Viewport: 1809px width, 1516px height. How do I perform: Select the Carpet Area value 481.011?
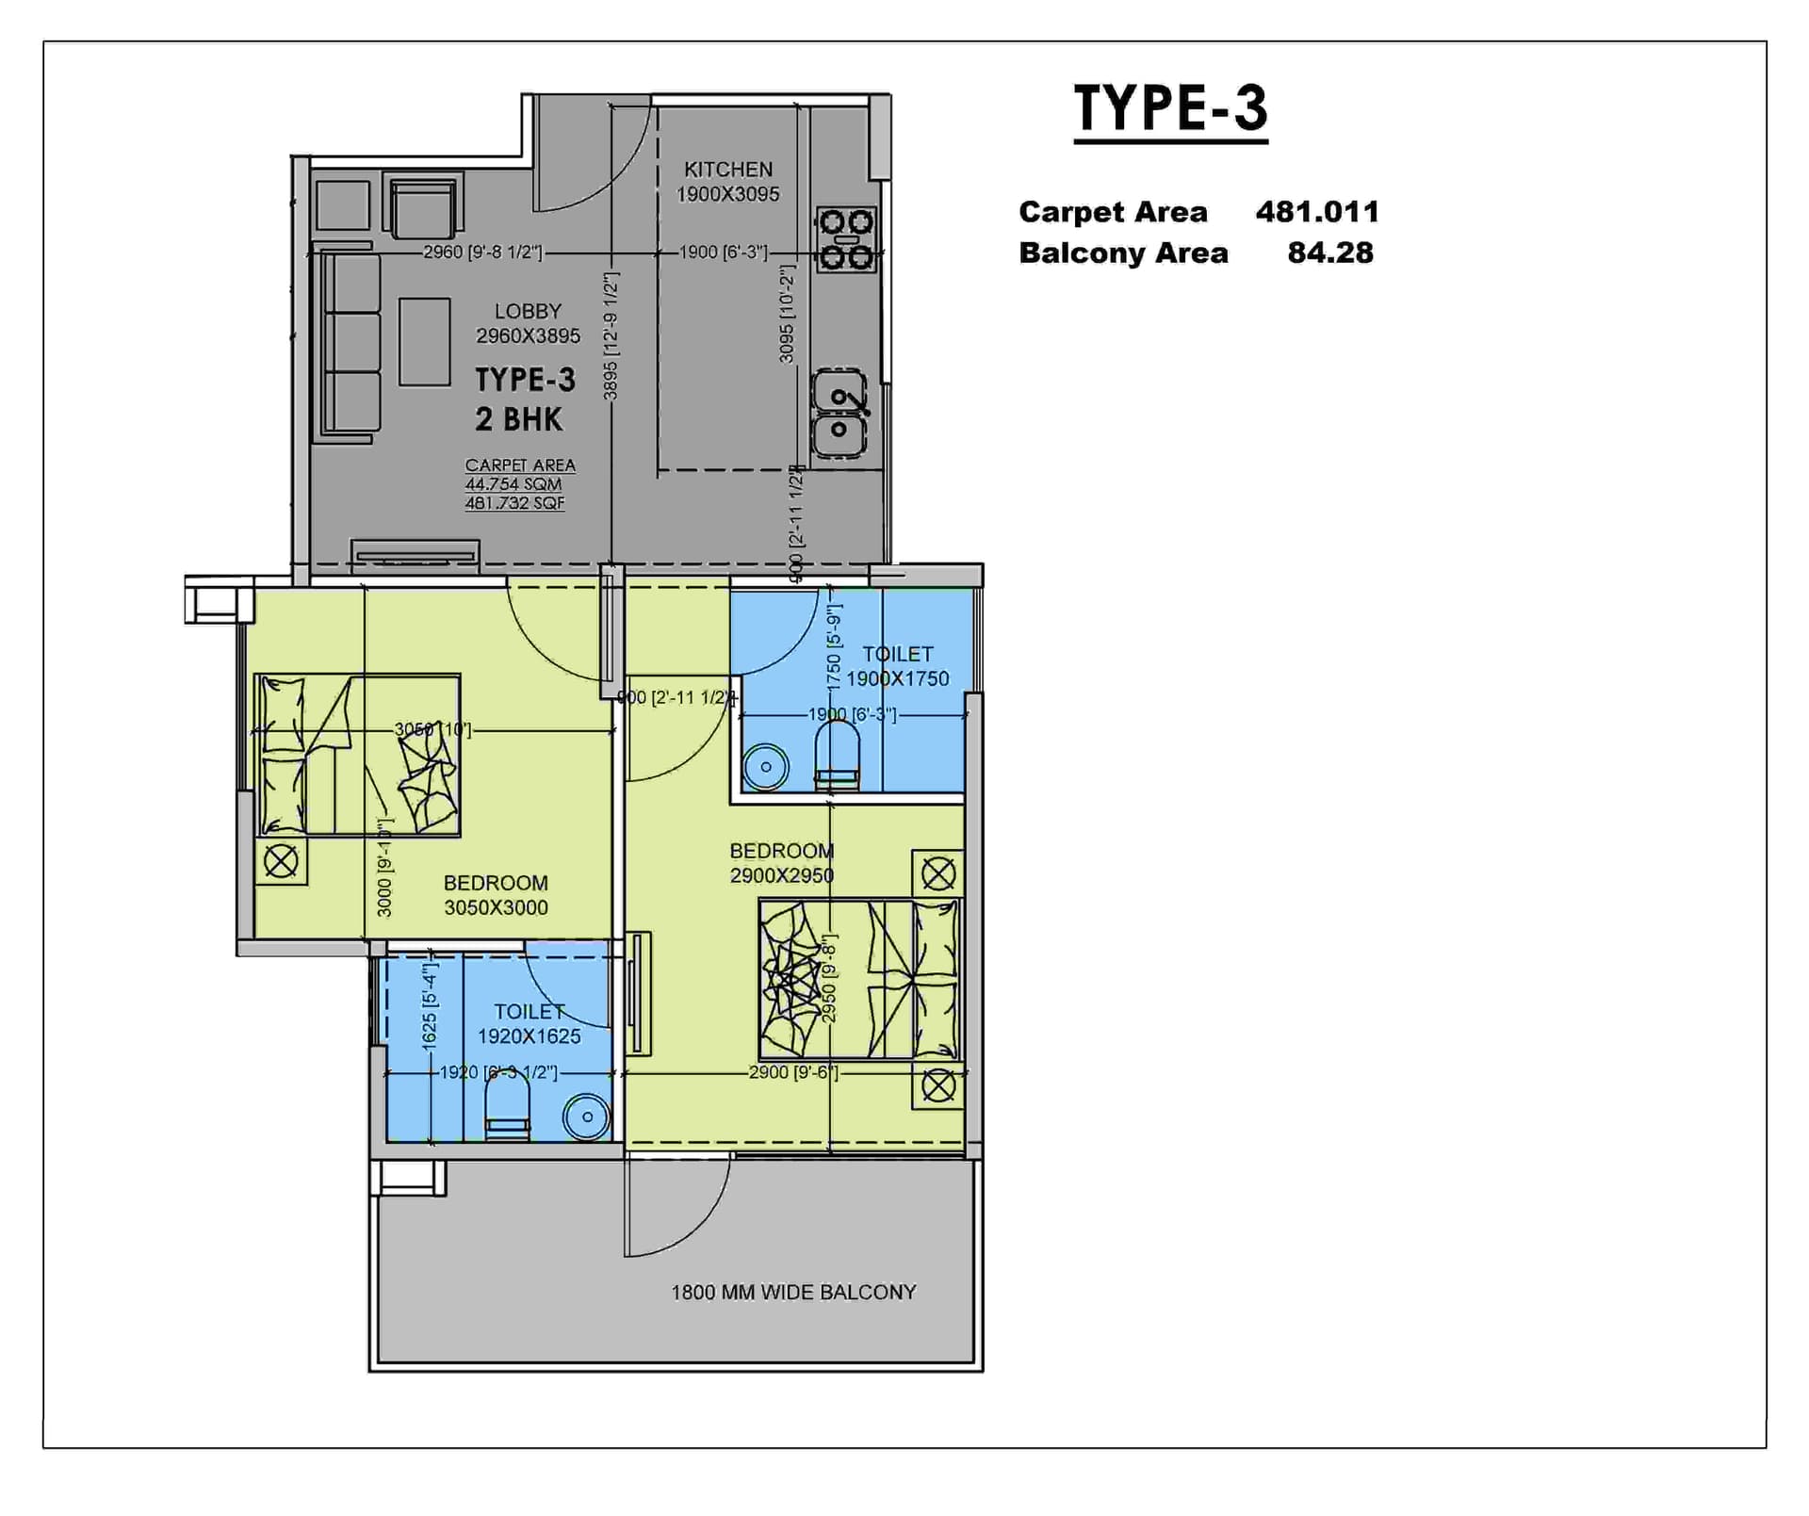tap(1316, 212)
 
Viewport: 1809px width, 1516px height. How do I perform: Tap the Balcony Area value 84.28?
tap(1329, 253)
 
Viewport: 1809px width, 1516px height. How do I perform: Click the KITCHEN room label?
tap(727, 170)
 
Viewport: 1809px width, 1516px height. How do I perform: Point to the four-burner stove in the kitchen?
tap(845, 239)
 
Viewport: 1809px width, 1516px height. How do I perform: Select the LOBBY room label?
tap(528, 311)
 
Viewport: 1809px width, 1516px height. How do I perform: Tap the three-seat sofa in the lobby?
tap(350, 344)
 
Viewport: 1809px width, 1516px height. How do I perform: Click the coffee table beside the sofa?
tap(424, 342)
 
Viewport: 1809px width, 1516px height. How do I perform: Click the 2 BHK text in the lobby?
tap(518, 419)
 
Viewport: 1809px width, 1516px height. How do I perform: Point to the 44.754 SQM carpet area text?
tap(513, 484)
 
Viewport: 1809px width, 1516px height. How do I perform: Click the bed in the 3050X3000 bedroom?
tap(357, 755)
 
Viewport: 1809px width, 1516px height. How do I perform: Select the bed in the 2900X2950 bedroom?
tap(858, 979)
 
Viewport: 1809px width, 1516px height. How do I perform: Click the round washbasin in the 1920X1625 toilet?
tap(586, 1117)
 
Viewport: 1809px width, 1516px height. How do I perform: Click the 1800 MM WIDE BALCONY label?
tap(792, 1293)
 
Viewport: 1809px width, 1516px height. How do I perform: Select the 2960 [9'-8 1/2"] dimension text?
tap(482, 253)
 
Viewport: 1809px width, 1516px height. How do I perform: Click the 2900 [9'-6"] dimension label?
tap(792, 1072)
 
